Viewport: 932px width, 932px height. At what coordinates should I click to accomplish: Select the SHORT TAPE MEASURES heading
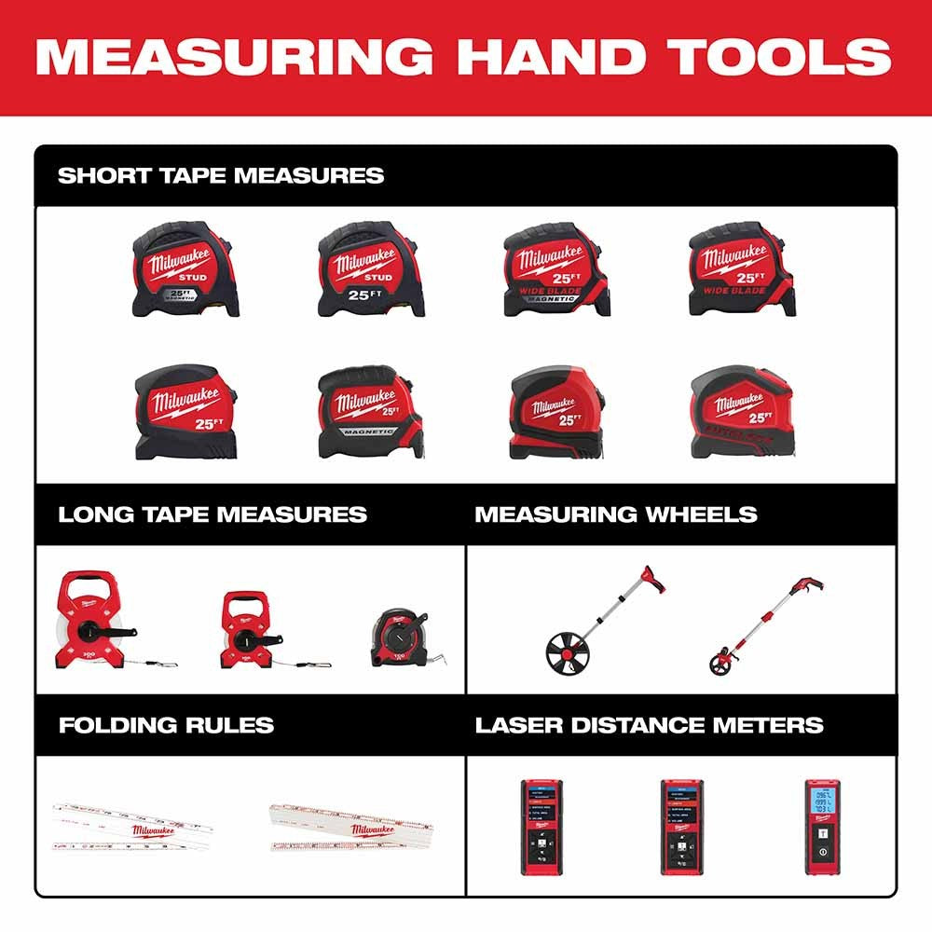pyautogui.click(x=221, y=175)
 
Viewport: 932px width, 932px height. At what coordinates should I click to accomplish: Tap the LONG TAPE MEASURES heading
pyautogui.click(x=212, y=514)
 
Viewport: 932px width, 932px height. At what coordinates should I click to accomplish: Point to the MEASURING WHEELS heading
pyautogui.click(x=616, y=514)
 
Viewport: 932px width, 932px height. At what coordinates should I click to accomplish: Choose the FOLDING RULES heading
pyautogui.click(x=166, y=725)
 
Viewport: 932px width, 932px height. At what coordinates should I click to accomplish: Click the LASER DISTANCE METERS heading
pyautogui.click(x=650, y=725)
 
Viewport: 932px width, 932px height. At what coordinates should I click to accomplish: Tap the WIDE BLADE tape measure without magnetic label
pyautogui.click(x=742, y=270)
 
